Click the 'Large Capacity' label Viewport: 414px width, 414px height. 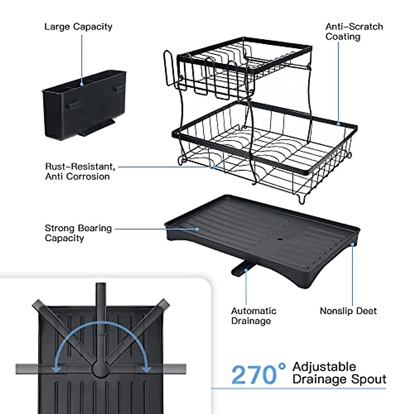(78, 27)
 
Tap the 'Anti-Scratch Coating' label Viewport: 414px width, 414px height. (354, 32)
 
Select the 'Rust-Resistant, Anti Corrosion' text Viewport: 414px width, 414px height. (80, 171)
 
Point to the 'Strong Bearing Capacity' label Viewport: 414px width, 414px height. (78, 233)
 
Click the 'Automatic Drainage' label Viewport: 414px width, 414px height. (254, 316)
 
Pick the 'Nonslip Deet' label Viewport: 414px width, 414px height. (348, 311)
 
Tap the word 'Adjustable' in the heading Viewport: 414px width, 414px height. (324, 366)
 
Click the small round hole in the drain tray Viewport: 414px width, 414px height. (280, 238)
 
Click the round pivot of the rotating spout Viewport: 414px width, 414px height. (101, 369)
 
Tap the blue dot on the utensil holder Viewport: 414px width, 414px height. (82, 83)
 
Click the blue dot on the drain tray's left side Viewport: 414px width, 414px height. (197, 228)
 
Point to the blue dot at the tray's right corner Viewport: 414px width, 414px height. (353, 244)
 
